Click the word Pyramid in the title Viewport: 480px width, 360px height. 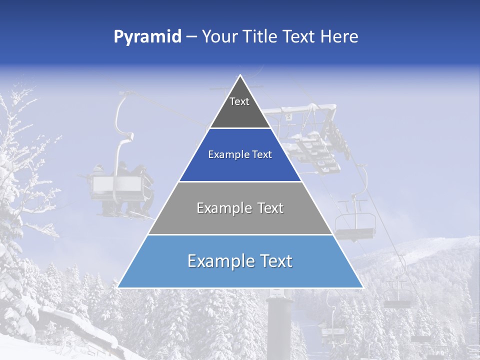147,37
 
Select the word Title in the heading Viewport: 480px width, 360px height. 258,37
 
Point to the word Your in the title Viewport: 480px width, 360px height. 219,37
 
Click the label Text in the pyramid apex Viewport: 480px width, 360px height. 239,101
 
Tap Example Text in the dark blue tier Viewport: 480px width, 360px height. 240,154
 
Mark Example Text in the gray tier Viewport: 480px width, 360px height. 240,208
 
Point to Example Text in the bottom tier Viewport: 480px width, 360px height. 240,261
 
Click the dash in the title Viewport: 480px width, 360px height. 191,37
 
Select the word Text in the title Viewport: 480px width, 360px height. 298,37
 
